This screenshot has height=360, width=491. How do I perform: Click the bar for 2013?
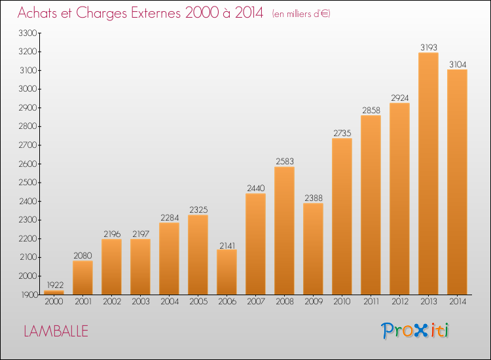(428, 173)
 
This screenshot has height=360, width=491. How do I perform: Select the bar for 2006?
(227, 272)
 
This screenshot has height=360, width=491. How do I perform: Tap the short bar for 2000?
(54, 293)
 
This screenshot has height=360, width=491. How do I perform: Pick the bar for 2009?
(313, 249)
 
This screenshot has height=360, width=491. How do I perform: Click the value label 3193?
(429, 47)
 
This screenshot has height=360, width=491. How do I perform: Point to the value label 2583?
(285, 161)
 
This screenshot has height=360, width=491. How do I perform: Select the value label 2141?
(227, 245)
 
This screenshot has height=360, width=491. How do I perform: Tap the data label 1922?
(55, 285)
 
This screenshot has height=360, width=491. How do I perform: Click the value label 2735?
(342, 133)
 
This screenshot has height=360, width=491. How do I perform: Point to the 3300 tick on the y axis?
(28, 33)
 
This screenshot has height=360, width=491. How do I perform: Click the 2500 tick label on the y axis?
(28, 182)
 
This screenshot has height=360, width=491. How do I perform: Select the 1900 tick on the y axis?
(29, 295)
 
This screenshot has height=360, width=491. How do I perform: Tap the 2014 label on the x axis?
(458, 301)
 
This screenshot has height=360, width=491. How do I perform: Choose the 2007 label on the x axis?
(256, 301)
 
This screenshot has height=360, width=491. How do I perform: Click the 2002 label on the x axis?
(112, 301)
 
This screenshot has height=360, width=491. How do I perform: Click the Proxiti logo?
(415, 331)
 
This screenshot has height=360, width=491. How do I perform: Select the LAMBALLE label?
(56, 331)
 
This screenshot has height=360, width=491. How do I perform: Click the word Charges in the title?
(101, 13)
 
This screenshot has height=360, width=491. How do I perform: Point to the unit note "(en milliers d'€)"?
(301, 14)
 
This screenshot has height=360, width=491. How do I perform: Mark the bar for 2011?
(371, 205)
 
